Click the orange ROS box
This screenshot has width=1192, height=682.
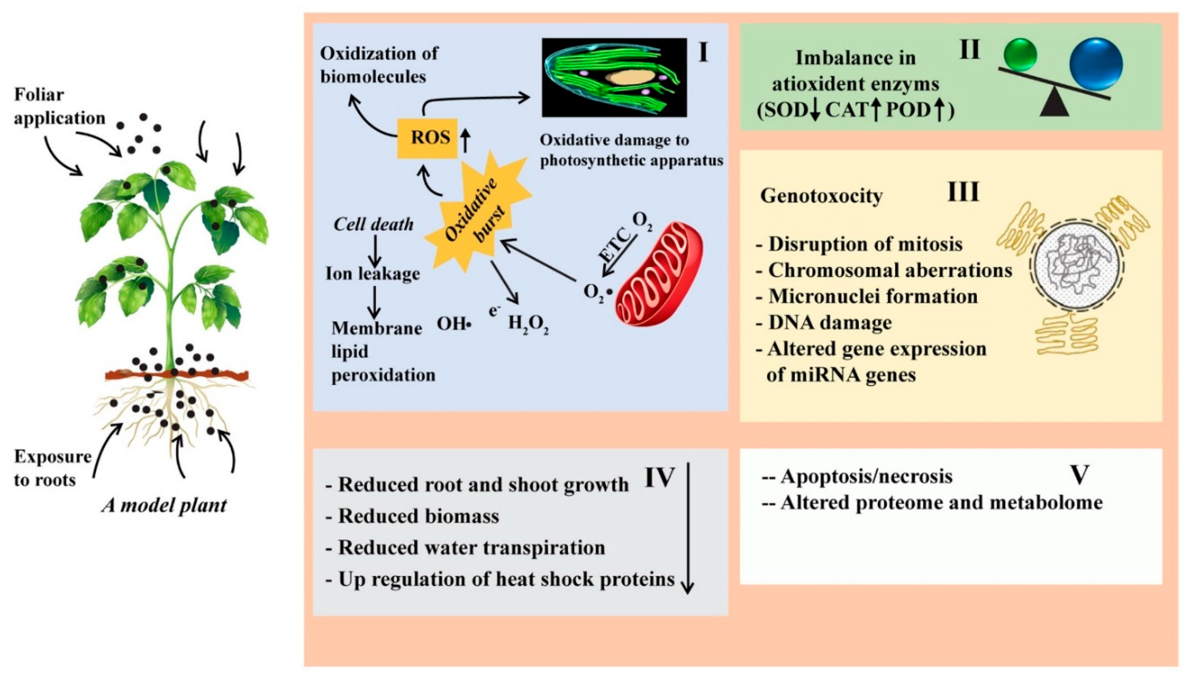coord(427,138)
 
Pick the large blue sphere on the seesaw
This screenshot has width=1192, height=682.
coord(1096,64)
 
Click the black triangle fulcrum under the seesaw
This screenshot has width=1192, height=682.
coord(1054,104)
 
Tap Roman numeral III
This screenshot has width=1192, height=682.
coord(963,192)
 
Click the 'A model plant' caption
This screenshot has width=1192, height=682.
coord(164,505)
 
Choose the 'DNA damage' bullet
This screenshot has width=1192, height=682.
coord(829,323)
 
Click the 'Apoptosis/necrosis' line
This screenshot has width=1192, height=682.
coord(866,476)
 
